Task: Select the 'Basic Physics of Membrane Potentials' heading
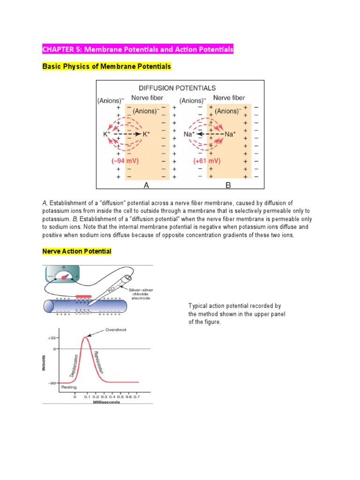[x=106, y=67]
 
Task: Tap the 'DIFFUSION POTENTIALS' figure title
[x=177, y=88]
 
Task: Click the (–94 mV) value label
[x=125, y=160]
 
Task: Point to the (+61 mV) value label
[x=207, y=160]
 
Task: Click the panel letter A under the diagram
[x=146, y=185]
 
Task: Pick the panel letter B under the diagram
[x=228, y=185]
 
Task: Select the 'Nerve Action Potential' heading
[x=77, y=251]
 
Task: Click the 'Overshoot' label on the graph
[x=116, y=330]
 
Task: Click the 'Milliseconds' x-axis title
[x=106, y=402]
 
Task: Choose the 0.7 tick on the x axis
[x=137, y=397]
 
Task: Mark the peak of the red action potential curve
[x=85, y=337]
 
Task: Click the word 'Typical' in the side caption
[x=199, y=306]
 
